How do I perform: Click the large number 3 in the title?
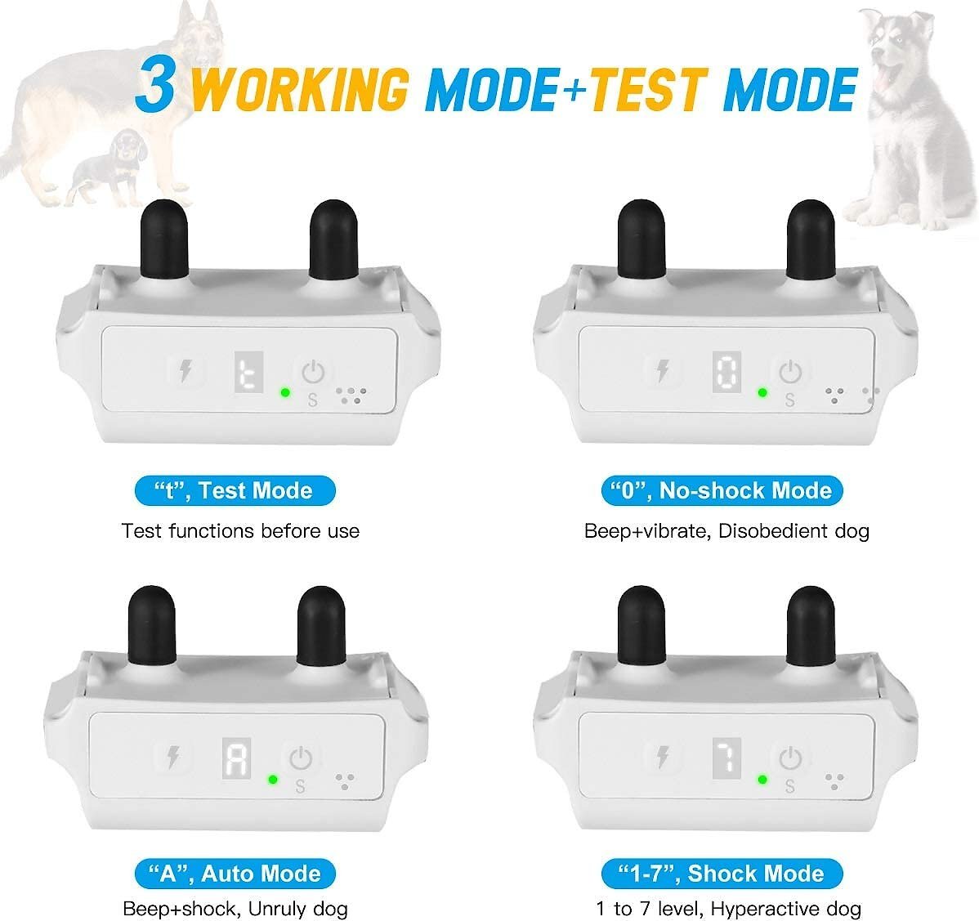pyautogui.click(x=155, y=84)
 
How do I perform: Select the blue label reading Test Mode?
pyautogui.click(x=235, y=491)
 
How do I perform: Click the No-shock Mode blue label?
pyautogui.click(x=722, y=491)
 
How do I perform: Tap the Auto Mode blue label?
pyautogui.click(x=235, y=873)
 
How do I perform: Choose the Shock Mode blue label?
pyautogui.click(x=722, y=873)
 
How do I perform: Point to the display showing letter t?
pyautogui.click(x=248, y=373)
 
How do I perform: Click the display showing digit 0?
pyautogui.click(x=726, y=373)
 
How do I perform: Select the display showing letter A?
pyautogui.click(x=237, y=758)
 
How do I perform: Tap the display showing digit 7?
pyautogui.click(x=726, y=758)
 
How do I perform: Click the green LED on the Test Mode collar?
pyautogui.click(x=285, y=393)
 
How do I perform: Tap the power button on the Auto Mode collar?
pyautogui.click(x=301, y=758)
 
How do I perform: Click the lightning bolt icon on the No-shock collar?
pyautogui.click(x=663, y=372)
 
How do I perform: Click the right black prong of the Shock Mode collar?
pyautogui.click(x=811, y=626)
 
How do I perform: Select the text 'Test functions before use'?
pyautogui.click(x=240, y=530)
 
